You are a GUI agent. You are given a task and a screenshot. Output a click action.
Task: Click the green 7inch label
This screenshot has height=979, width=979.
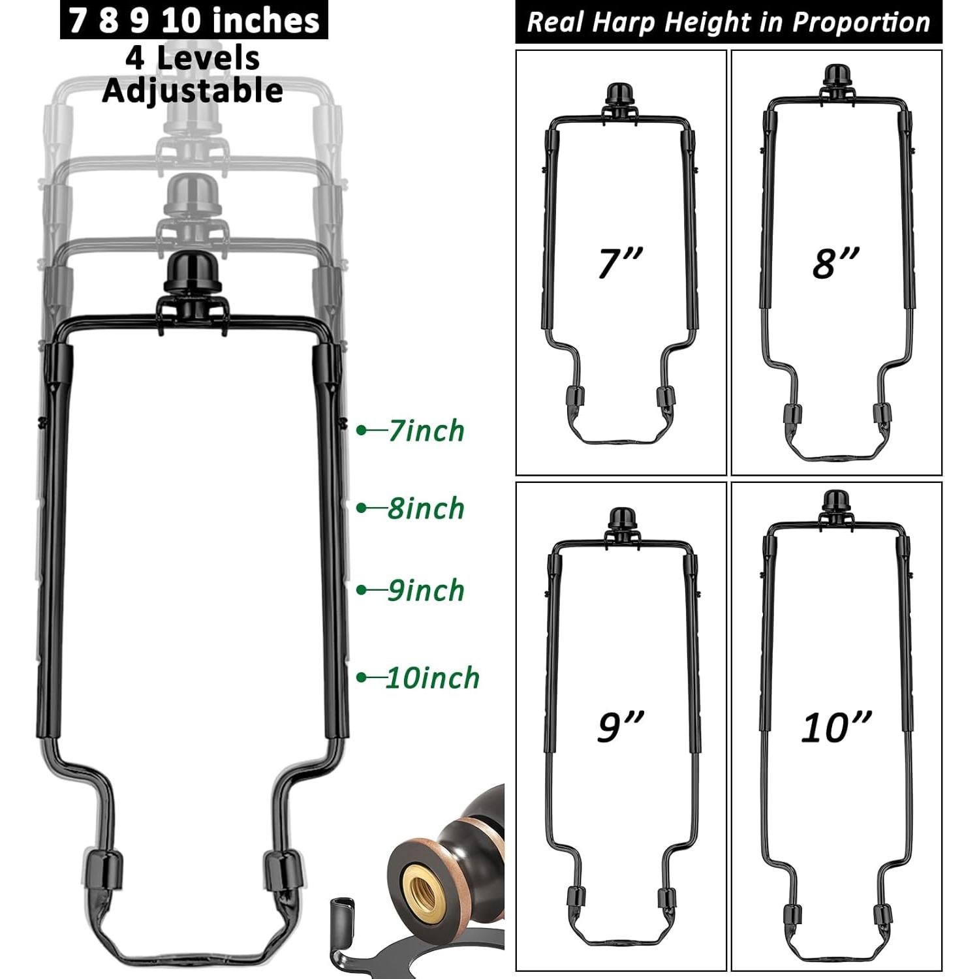pyautogui.click(x=426, y=431)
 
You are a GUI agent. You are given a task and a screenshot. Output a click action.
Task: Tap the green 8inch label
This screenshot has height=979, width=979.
pyautogui.click(x=426, y=508)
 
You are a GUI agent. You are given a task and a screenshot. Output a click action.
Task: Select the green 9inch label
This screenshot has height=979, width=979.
pyautogui.click(x=426, y=591)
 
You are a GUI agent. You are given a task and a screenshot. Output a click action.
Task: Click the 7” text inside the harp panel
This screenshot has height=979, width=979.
pyautogui.click(x=620, y=263)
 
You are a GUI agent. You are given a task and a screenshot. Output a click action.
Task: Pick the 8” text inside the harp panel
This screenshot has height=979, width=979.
pyautogui.click(x=835, y=263)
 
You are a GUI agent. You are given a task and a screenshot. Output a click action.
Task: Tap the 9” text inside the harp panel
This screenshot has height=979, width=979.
pyautogui.click(x=620, y=726)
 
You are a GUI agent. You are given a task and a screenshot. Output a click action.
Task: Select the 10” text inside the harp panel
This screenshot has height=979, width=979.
pyautogui.click(x=836, y=726)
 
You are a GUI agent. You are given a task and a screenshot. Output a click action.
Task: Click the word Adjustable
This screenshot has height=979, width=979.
pyautogui.click(x=193, y=90)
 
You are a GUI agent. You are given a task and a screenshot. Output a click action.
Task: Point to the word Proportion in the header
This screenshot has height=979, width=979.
pyautogui.click(x=861, y=23)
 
